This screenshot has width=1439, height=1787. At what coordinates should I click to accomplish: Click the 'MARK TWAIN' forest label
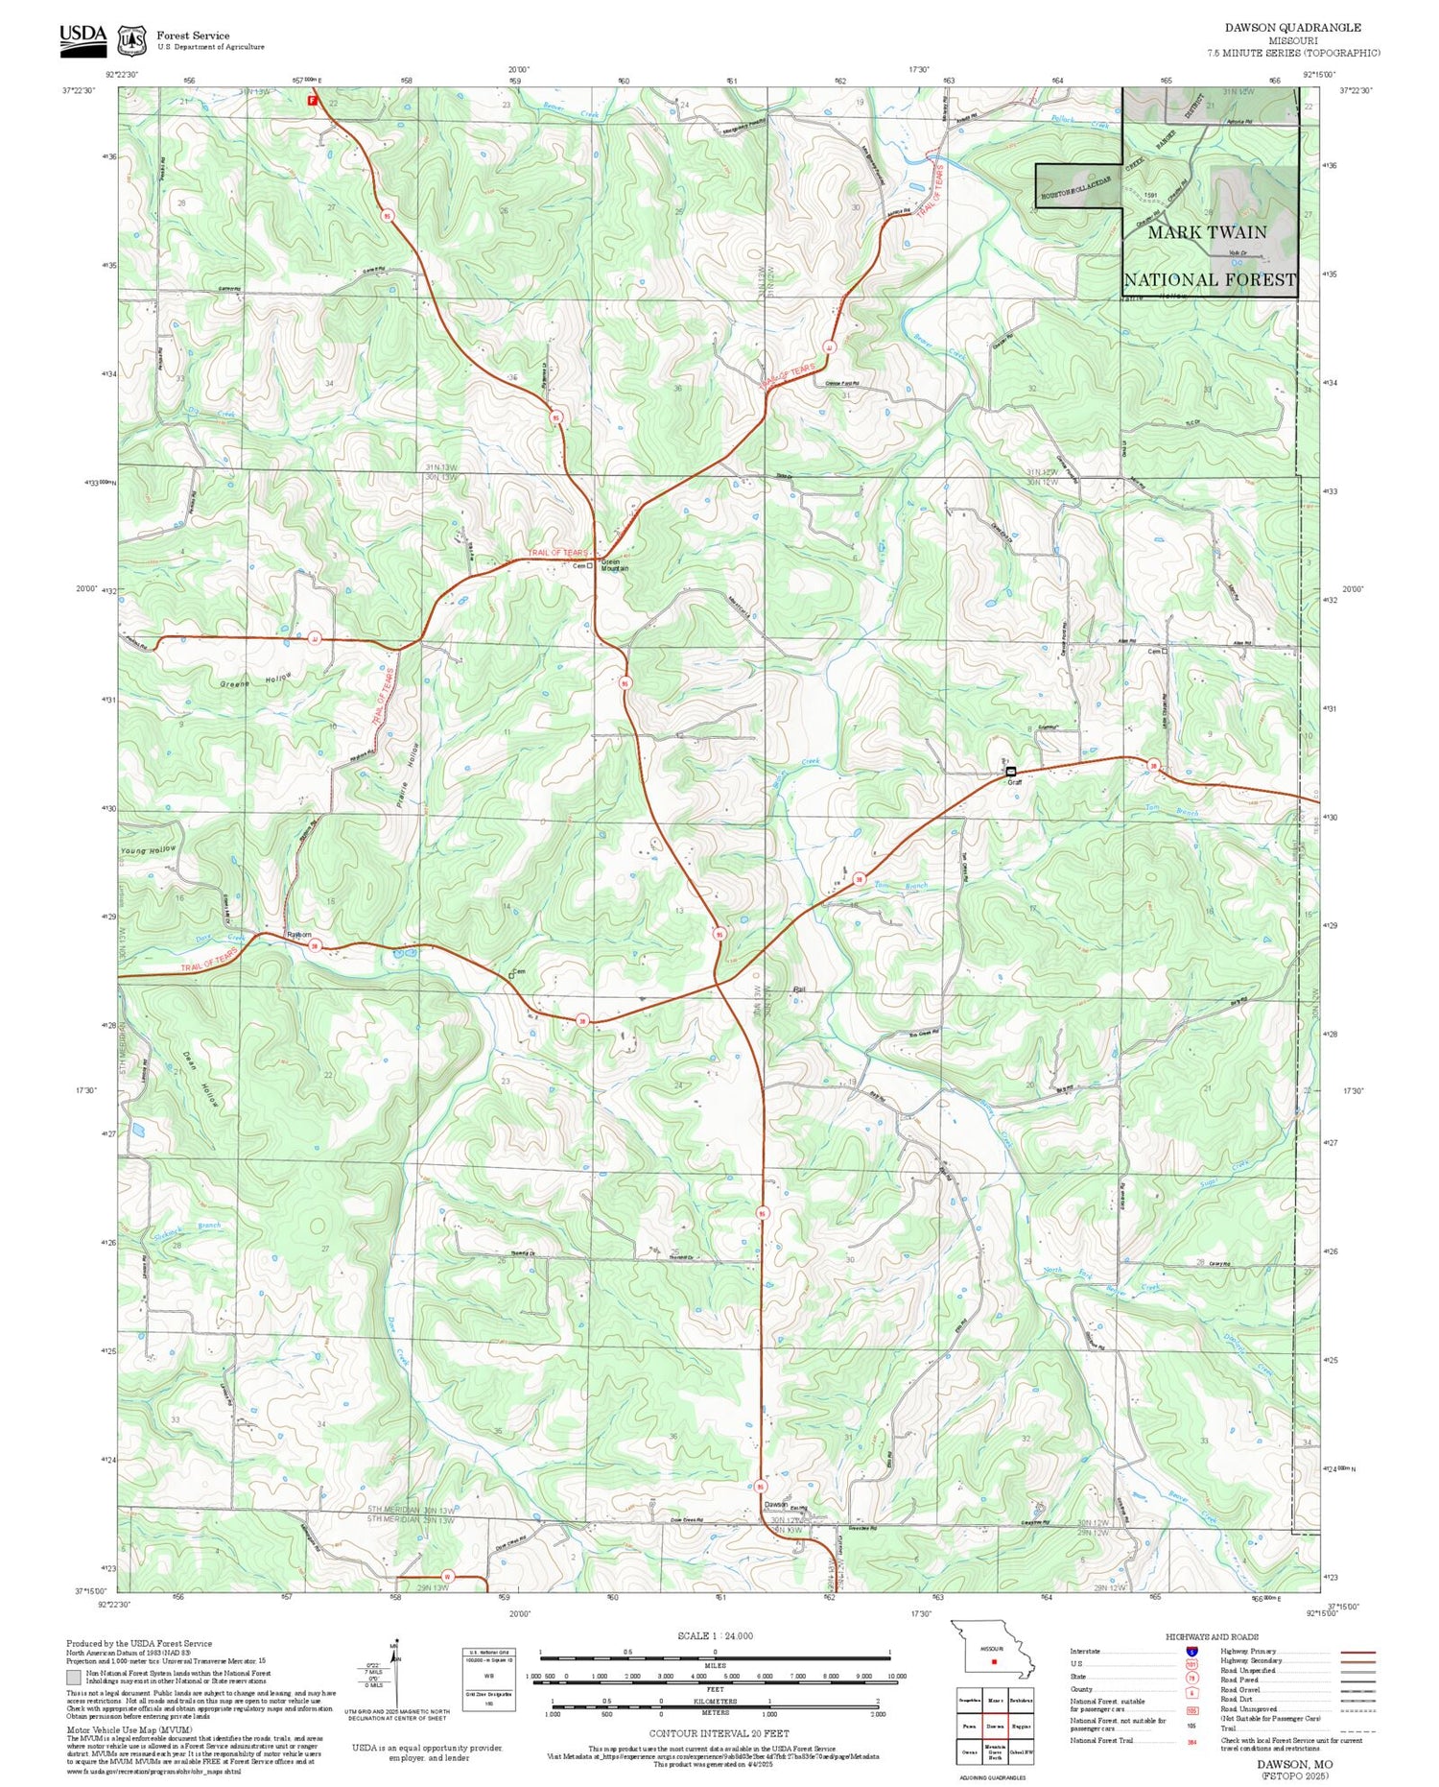[x=1207, y=232]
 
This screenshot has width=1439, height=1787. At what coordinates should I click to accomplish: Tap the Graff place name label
[x=1014, y=782]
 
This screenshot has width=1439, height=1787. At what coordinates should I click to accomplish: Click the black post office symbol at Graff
[x=1011, y=772]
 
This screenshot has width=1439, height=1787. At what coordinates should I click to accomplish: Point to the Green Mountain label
[x=614, y=565]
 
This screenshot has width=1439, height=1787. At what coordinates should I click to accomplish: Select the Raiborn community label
[x=299, y=934]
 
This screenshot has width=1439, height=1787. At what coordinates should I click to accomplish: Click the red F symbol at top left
[x=312, y=100]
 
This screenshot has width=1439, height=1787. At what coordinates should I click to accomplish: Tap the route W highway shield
[x=447, y=1576]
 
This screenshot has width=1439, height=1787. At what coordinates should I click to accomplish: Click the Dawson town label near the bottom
[x=775, y=1504]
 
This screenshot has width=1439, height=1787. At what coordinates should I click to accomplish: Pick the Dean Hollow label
[x=200, y=1080]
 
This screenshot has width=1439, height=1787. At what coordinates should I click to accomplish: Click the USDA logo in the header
[x=83, y=36]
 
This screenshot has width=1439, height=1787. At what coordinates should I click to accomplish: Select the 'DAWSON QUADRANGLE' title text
[x=1292, y=28]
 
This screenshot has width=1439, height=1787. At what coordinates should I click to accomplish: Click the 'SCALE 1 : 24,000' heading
[x=715, y=1635]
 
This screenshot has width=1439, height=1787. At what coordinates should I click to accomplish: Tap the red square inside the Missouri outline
[x=995, y=1661]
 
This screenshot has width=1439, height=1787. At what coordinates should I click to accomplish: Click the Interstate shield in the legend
[x=1191, y=1652]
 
